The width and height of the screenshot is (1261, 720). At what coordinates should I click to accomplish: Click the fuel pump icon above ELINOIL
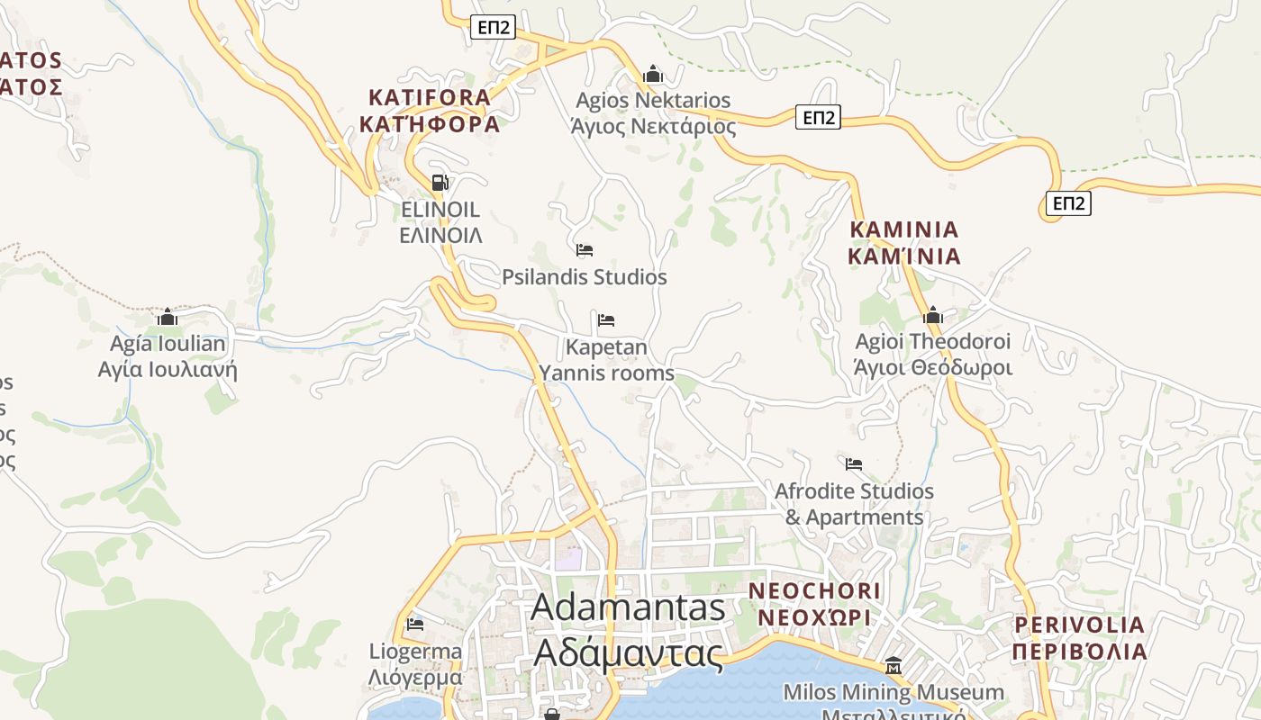coord(440,183)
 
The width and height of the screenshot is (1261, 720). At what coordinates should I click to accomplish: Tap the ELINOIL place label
coord(440,222)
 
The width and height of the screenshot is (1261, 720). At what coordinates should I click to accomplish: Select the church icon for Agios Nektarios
coord(653,74)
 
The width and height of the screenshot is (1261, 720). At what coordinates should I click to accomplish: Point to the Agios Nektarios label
coord(653,112)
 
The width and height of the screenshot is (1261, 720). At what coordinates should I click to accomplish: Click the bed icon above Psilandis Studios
coord(585,249)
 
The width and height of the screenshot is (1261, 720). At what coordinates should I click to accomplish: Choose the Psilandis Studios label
coord(585,277)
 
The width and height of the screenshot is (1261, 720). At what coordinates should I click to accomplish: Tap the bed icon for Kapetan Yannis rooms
coord(606,319)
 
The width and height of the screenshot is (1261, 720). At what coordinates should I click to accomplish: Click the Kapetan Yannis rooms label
coord(606,359)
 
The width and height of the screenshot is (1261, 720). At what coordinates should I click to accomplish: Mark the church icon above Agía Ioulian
coord(168,317)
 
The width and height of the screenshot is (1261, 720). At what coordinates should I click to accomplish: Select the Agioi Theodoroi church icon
coord(933,315)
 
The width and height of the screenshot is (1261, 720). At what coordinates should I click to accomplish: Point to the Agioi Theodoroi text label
coord(933,355)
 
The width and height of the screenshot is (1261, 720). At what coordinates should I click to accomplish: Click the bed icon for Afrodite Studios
coord(854,464)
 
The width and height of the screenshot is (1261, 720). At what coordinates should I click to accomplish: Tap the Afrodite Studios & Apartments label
coord(854,504)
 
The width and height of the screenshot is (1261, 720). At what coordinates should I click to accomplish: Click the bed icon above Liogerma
coord(415,623)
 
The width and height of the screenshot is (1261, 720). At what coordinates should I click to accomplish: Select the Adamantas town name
coord(629,630)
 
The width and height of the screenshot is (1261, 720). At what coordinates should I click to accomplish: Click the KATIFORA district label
coord(430,111)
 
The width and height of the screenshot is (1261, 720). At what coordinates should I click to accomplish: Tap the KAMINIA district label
coord(904,243)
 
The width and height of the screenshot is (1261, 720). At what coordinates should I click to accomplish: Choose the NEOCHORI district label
coord(814,604)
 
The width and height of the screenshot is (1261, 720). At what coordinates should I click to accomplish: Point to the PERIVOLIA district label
coord(1079,637)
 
